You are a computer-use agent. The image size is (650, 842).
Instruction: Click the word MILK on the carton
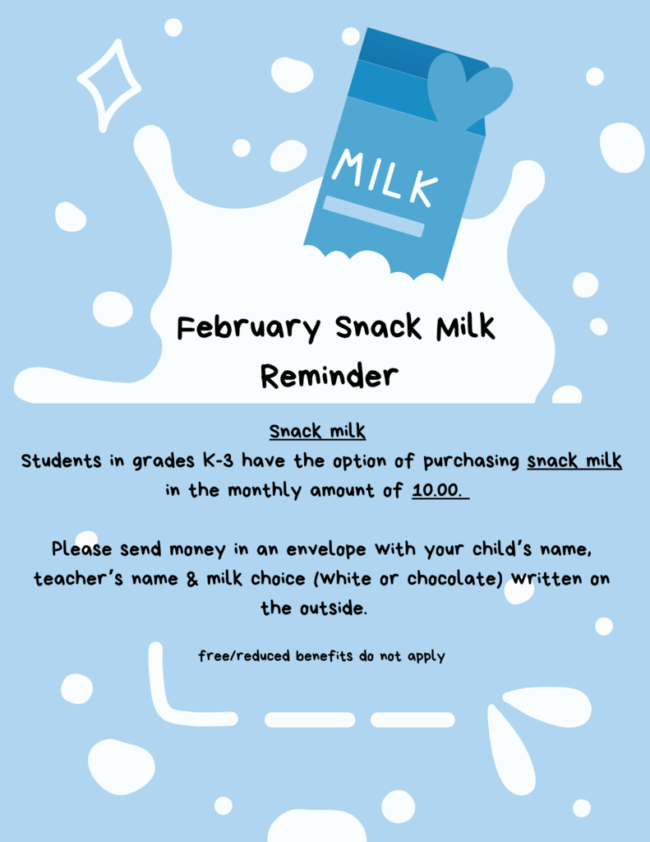(385, 178)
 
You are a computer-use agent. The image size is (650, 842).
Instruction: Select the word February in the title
(248, 327)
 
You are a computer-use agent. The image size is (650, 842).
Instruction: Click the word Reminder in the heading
(330, 375)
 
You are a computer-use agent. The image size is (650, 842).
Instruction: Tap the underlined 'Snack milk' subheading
(318, 431)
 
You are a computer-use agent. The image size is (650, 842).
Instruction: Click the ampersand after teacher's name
(192, 579)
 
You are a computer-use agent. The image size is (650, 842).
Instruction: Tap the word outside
(333, 608)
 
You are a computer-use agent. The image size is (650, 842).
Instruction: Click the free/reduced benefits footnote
(321, 656)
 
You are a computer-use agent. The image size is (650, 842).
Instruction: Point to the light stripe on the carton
(374, 216)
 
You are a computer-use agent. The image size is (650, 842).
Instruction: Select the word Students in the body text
(61, 460)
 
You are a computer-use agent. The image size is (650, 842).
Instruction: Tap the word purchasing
(471, 461)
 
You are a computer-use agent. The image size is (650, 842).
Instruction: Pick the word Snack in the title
(379, 327)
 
